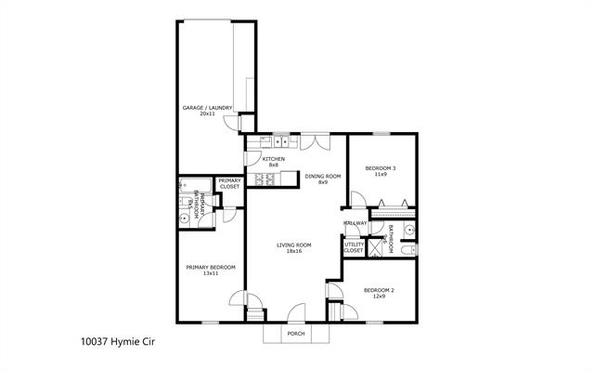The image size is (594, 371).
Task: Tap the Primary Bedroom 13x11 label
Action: point(211,270)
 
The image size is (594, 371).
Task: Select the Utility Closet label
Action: point(354,247)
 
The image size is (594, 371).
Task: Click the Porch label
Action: point(295,333)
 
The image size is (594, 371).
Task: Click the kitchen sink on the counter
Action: point(278,142)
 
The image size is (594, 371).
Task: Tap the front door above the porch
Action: point(297,313)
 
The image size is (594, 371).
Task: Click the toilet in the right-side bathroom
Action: point(411,249)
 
